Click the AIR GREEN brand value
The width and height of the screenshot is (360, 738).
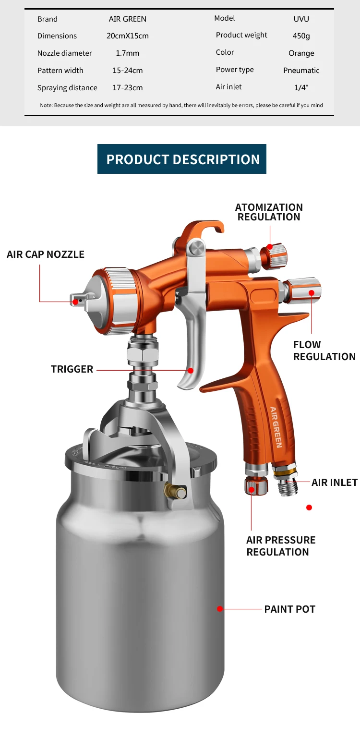[x=128, y=19]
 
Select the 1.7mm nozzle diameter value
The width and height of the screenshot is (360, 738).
[x=128, y=53]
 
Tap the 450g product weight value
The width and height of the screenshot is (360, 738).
[x=301, y=36]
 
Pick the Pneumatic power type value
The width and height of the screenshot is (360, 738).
[x=301, y=71]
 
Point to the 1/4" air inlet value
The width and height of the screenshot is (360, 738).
[x=301, y=88]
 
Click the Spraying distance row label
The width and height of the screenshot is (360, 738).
[x=67, y=88]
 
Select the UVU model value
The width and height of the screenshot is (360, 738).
[x=301, y=19]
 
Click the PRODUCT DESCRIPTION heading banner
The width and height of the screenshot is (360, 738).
[x=182, y=159]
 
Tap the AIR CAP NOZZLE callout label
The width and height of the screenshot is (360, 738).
[x=46, y=254]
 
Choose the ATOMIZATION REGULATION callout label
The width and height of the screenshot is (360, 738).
[x=269, y=212]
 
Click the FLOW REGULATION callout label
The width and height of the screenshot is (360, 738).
[x=324, y=351]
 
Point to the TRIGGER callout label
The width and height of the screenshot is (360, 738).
[x=72, y=369]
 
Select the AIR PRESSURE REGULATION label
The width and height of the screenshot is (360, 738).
[x=281, y=546]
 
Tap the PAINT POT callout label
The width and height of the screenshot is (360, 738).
[x=290, y=609]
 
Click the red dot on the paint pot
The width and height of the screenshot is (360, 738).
[x=220, y=609]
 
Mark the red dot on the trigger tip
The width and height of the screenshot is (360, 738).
[x=191, y=371]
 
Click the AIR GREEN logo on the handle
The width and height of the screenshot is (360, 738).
[x=276, y=427]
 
